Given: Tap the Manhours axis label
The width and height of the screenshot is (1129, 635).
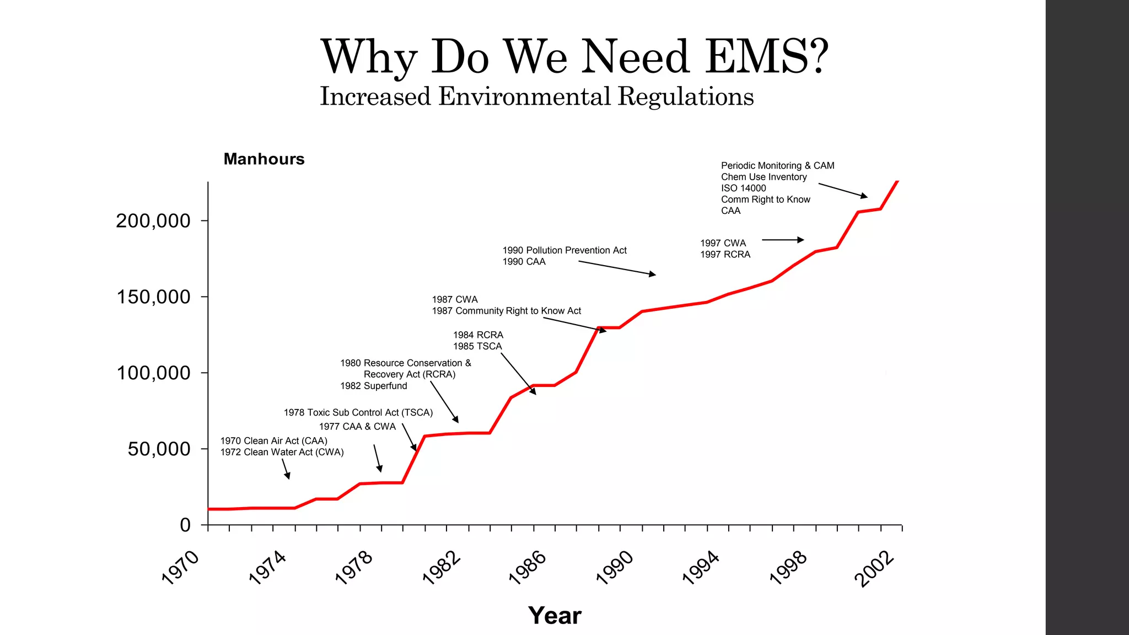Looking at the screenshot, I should tap(264, 159).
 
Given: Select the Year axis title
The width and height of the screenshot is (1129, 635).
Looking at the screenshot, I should tap(555, 616).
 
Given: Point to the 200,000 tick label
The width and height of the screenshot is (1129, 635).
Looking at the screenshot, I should tap(153, 221).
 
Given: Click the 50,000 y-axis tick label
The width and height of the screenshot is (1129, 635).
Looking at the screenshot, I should tap(159, 449).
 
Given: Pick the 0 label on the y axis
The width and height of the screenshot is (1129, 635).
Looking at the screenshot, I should tap(185, 525).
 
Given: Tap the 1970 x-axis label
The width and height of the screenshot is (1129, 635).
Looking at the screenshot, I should tap(180, 568).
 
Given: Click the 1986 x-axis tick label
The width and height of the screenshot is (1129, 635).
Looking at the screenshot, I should tap(528, 568).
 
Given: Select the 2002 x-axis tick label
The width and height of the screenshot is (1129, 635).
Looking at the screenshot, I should tap(874, 569).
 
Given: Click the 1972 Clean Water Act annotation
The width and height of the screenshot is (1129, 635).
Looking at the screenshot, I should tap(282, 453).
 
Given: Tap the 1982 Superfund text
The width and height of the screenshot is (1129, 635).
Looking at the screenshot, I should tap(373, 386).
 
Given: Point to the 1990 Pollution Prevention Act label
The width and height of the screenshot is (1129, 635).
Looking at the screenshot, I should tap(564, 250).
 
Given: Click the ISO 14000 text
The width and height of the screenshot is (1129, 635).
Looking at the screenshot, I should tap(743, 188).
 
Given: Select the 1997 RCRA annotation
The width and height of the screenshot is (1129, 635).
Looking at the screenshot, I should tap(725, 255).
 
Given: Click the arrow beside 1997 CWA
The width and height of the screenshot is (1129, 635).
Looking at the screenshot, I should tap(783, 240).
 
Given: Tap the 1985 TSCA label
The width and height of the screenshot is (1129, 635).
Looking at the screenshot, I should tap(477, 346).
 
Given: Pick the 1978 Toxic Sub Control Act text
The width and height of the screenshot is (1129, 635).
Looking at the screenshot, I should tap(358, 412).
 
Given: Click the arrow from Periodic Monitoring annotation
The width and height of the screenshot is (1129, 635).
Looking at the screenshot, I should tap(842, 190).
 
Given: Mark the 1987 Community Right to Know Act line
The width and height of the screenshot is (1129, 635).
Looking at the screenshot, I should tap(506, 311).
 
